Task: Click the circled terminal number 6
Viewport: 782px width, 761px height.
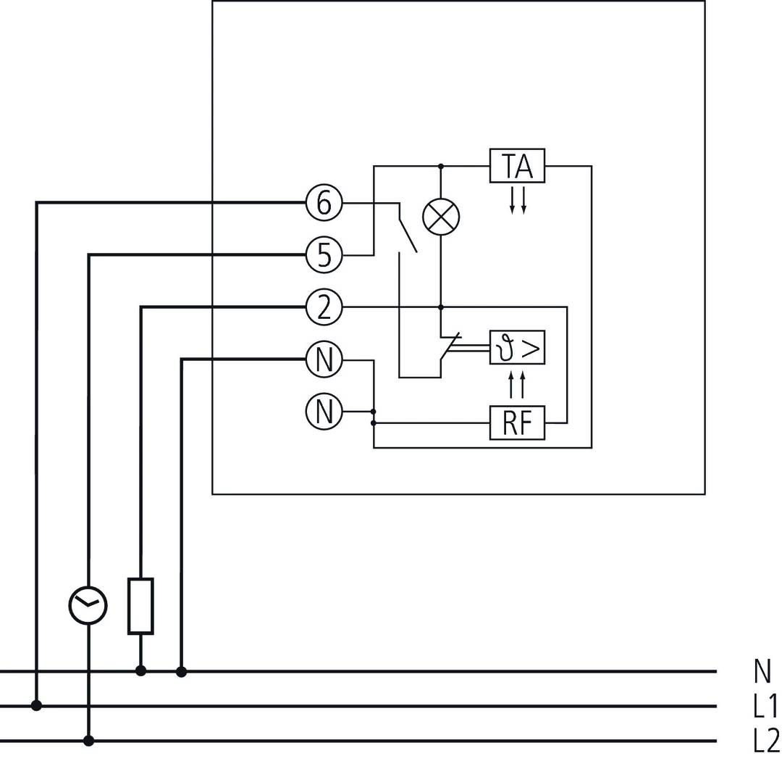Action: [x=324, y=203]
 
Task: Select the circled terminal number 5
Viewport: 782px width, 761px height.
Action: [x=324, y=255]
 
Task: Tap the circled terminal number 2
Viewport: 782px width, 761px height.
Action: [x=324, y=307]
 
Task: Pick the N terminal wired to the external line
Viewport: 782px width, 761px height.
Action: [x=324, y=359]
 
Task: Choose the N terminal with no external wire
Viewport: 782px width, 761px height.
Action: [x=324, y=412]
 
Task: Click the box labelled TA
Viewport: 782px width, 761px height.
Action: [x=517, y=166]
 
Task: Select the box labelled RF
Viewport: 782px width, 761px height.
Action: [x=517, y=423]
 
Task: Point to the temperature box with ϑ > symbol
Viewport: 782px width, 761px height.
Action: [x=517, y=349]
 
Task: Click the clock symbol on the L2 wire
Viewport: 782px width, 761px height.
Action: [x=88, y=605]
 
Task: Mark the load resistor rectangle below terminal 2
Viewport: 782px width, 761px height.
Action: [x=140, y=606]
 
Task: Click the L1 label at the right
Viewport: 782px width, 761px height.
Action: [x=765, y=707]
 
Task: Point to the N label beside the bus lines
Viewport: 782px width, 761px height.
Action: [x=762, y=672]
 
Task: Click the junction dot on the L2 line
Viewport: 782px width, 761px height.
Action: [x=88, y=741]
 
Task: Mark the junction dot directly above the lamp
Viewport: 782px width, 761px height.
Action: [x=441, y=166]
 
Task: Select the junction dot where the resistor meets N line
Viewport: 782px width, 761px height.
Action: [x=140, y=671]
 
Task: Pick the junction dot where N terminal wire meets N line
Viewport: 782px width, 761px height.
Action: [x=182, y=671]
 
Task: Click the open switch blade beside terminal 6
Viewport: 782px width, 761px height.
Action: [x=407, y=228]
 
